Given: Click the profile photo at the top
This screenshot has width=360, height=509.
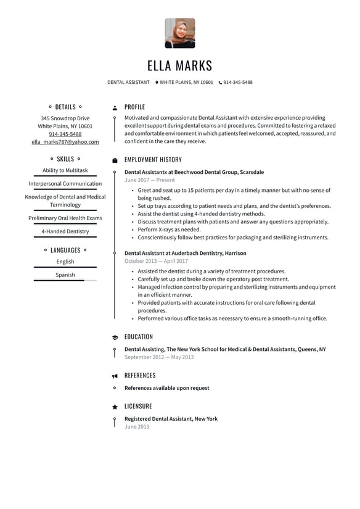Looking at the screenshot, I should [179, 33].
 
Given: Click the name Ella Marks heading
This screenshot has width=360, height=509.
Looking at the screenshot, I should [179, 65].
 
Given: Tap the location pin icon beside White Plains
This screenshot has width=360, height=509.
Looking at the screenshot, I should [157, 82].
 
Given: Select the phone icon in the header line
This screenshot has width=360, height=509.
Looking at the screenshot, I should [220, 82].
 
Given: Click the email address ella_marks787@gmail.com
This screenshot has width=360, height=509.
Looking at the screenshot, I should [65, 142].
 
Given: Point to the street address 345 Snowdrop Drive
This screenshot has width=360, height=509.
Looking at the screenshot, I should [65, 118].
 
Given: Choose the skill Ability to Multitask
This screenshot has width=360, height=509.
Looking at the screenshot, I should [65, 170].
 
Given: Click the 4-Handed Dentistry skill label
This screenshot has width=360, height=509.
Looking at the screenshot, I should [65, 231].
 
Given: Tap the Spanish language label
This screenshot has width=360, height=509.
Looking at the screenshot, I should [65, 275].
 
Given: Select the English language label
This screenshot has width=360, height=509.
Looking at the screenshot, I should [65, 262].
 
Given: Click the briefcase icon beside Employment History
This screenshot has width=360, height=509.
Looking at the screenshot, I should [115, 160].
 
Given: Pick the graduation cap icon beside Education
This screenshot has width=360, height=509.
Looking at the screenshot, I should [115, 337].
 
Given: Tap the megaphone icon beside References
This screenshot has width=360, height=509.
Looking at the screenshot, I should [115, 376].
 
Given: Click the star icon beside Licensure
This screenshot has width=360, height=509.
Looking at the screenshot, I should [115, 407].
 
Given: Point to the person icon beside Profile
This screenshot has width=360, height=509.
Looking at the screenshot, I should [115, 107].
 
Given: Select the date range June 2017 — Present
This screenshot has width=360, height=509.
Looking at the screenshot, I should [149, 180].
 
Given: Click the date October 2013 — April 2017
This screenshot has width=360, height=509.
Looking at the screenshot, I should [156, 261].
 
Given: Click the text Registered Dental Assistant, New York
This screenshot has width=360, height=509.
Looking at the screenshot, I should [171, 419].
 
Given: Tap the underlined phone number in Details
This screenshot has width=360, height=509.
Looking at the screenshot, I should [65, 134].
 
